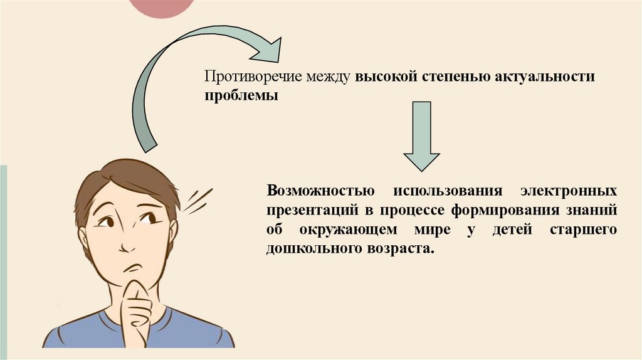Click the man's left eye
(149, 218)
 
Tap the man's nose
(127, 241)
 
